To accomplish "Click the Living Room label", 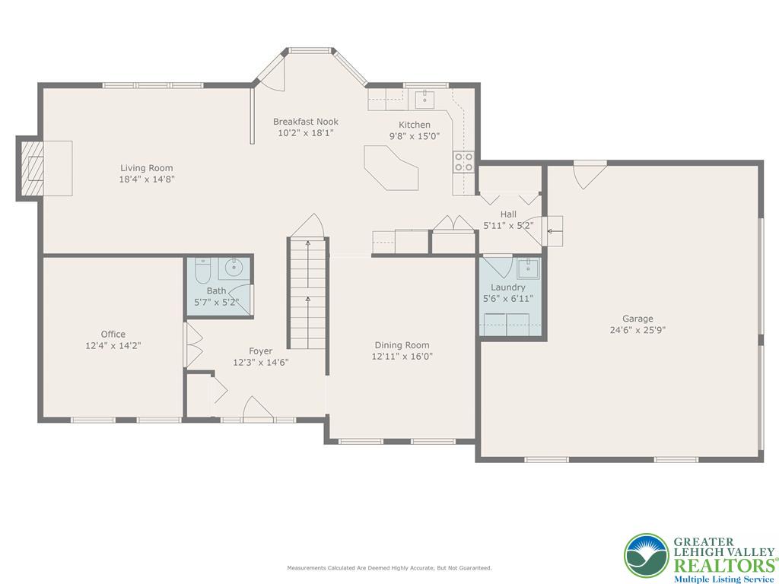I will pos(146,168).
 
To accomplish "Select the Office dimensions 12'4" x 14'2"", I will pos(113,345).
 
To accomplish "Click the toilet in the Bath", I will pos(203,271).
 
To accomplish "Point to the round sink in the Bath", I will pos(233,268).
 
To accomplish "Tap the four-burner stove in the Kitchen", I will pos(463,161).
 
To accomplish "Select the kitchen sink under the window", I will pos(424,99).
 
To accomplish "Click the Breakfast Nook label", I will pos(305,122).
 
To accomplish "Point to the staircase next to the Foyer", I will pos(307,293).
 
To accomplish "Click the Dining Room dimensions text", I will pos(402,356).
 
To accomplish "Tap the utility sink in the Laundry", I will pos(528,268).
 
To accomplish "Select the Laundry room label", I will pos(507,287).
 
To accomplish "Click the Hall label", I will pos(508,214).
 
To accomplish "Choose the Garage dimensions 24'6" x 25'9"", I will pos(638,330).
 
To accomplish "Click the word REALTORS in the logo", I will pos(723,565).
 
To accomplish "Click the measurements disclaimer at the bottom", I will pos(389,568).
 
